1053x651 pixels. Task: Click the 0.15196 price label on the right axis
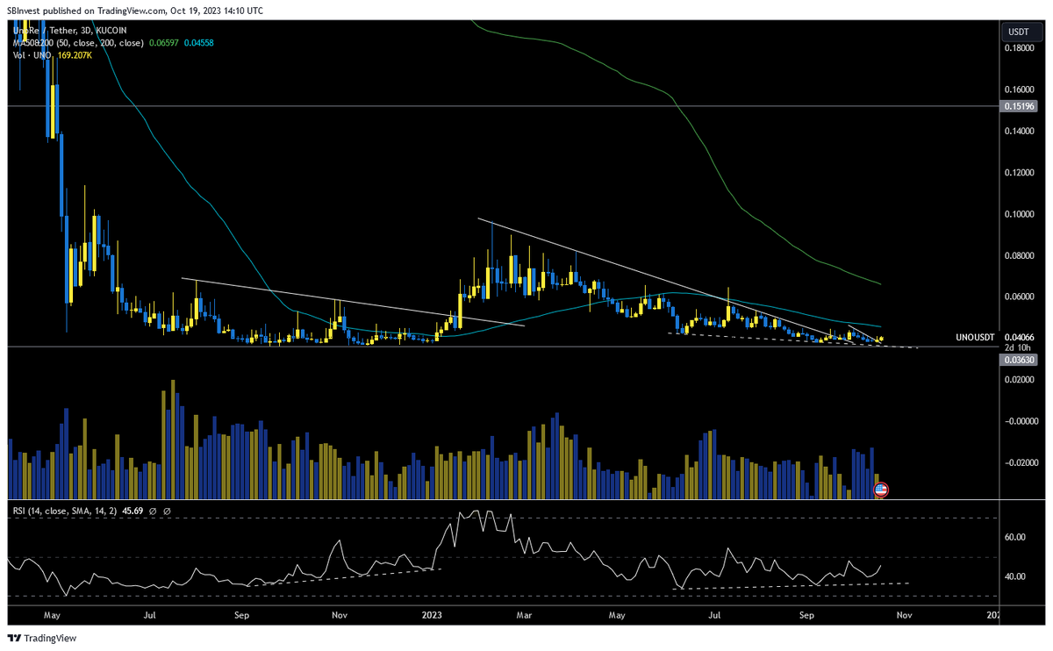(1017, 106)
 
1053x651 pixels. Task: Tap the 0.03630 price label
(1017, 358)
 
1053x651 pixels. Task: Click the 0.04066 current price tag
(1017, 337)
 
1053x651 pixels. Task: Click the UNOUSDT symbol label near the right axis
(976, 337)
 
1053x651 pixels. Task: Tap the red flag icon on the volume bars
(881, 490)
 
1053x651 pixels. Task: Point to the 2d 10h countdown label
(1015, 347)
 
